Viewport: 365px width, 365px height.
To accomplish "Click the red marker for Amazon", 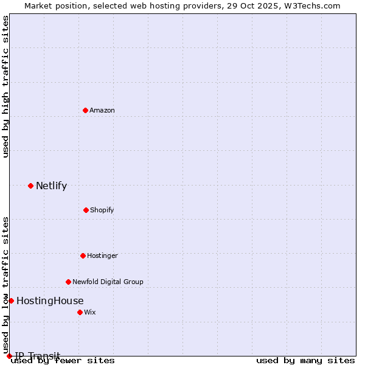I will (85, 110).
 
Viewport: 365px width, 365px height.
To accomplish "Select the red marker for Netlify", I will (30, 186).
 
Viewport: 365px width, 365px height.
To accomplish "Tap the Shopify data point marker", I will (86, 210).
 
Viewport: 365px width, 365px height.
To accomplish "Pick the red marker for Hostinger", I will (83, 255).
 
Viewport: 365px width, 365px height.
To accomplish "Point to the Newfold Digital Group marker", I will (68, 282).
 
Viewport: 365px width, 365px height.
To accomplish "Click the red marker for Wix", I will (80, 312).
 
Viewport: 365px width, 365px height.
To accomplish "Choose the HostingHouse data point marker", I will (11, 301).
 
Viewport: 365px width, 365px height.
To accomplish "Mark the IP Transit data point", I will (9, 356).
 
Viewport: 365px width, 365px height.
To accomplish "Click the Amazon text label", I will (102, 110).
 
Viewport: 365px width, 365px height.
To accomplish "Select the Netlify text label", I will (51, 186).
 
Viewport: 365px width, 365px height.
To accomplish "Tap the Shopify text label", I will (102, 210).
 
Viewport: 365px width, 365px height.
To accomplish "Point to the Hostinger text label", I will (102, 255).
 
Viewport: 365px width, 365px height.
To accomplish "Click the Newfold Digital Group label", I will (108, 282).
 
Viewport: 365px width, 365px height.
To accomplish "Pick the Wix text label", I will (90, 312).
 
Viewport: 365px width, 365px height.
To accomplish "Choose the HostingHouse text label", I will (50, 301).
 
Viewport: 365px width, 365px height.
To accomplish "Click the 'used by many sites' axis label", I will (305, 360).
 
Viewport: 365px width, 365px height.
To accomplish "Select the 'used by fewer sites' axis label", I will (63, 360).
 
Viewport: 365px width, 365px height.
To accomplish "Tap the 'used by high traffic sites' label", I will (6, 86).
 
